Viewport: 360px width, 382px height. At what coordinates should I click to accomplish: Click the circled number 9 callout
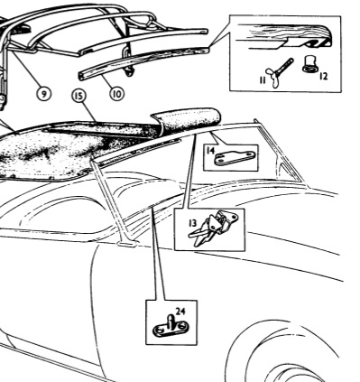pos(44,94)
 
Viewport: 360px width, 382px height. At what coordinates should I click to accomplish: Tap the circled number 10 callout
pos(116,94)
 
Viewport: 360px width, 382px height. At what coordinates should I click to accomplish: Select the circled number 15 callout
pos(78,96)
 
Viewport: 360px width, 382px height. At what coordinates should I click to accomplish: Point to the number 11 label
pos(263,80)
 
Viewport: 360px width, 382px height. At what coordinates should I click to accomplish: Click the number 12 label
pos(323,76)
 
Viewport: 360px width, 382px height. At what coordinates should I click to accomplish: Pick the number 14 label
pos(211,150)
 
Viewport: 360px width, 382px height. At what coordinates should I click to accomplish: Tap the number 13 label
pos(193,223)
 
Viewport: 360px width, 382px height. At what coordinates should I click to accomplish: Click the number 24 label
pos(180,311)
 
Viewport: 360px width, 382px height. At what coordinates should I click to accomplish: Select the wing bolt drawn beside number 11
pos(278,73)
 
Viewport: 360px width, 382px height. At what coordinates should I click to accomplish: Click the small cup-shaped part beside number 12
pos(309,65)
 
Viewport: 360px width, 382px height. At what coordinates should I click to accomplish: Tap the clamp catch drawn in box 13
pos(214,228)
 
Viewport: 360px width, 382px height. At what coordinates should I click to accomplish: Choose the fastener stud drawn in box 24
pos(169,328)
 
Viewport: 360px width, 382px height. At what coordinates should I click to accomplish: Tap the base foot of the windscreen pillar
pos(128,242)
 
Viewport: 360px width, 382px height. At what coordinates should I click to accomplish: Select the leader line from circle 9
pos(25,70)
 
